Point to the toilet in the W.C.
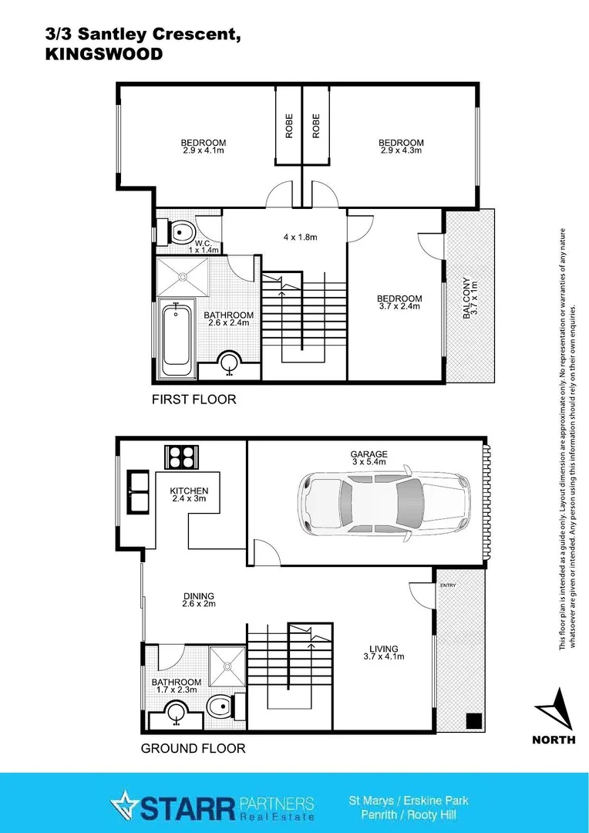coord(183,231)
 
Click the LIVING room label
coord(383,653)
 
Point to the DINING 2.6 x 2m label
coord(198,599)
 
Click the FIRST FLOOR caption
coord(194,400)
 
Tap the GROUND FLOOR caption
coord(194,748)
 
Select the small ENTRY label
coord(448,585)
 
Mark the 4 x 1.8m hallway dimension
coord(301,237)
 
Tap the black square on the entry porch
coord(473,720)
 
